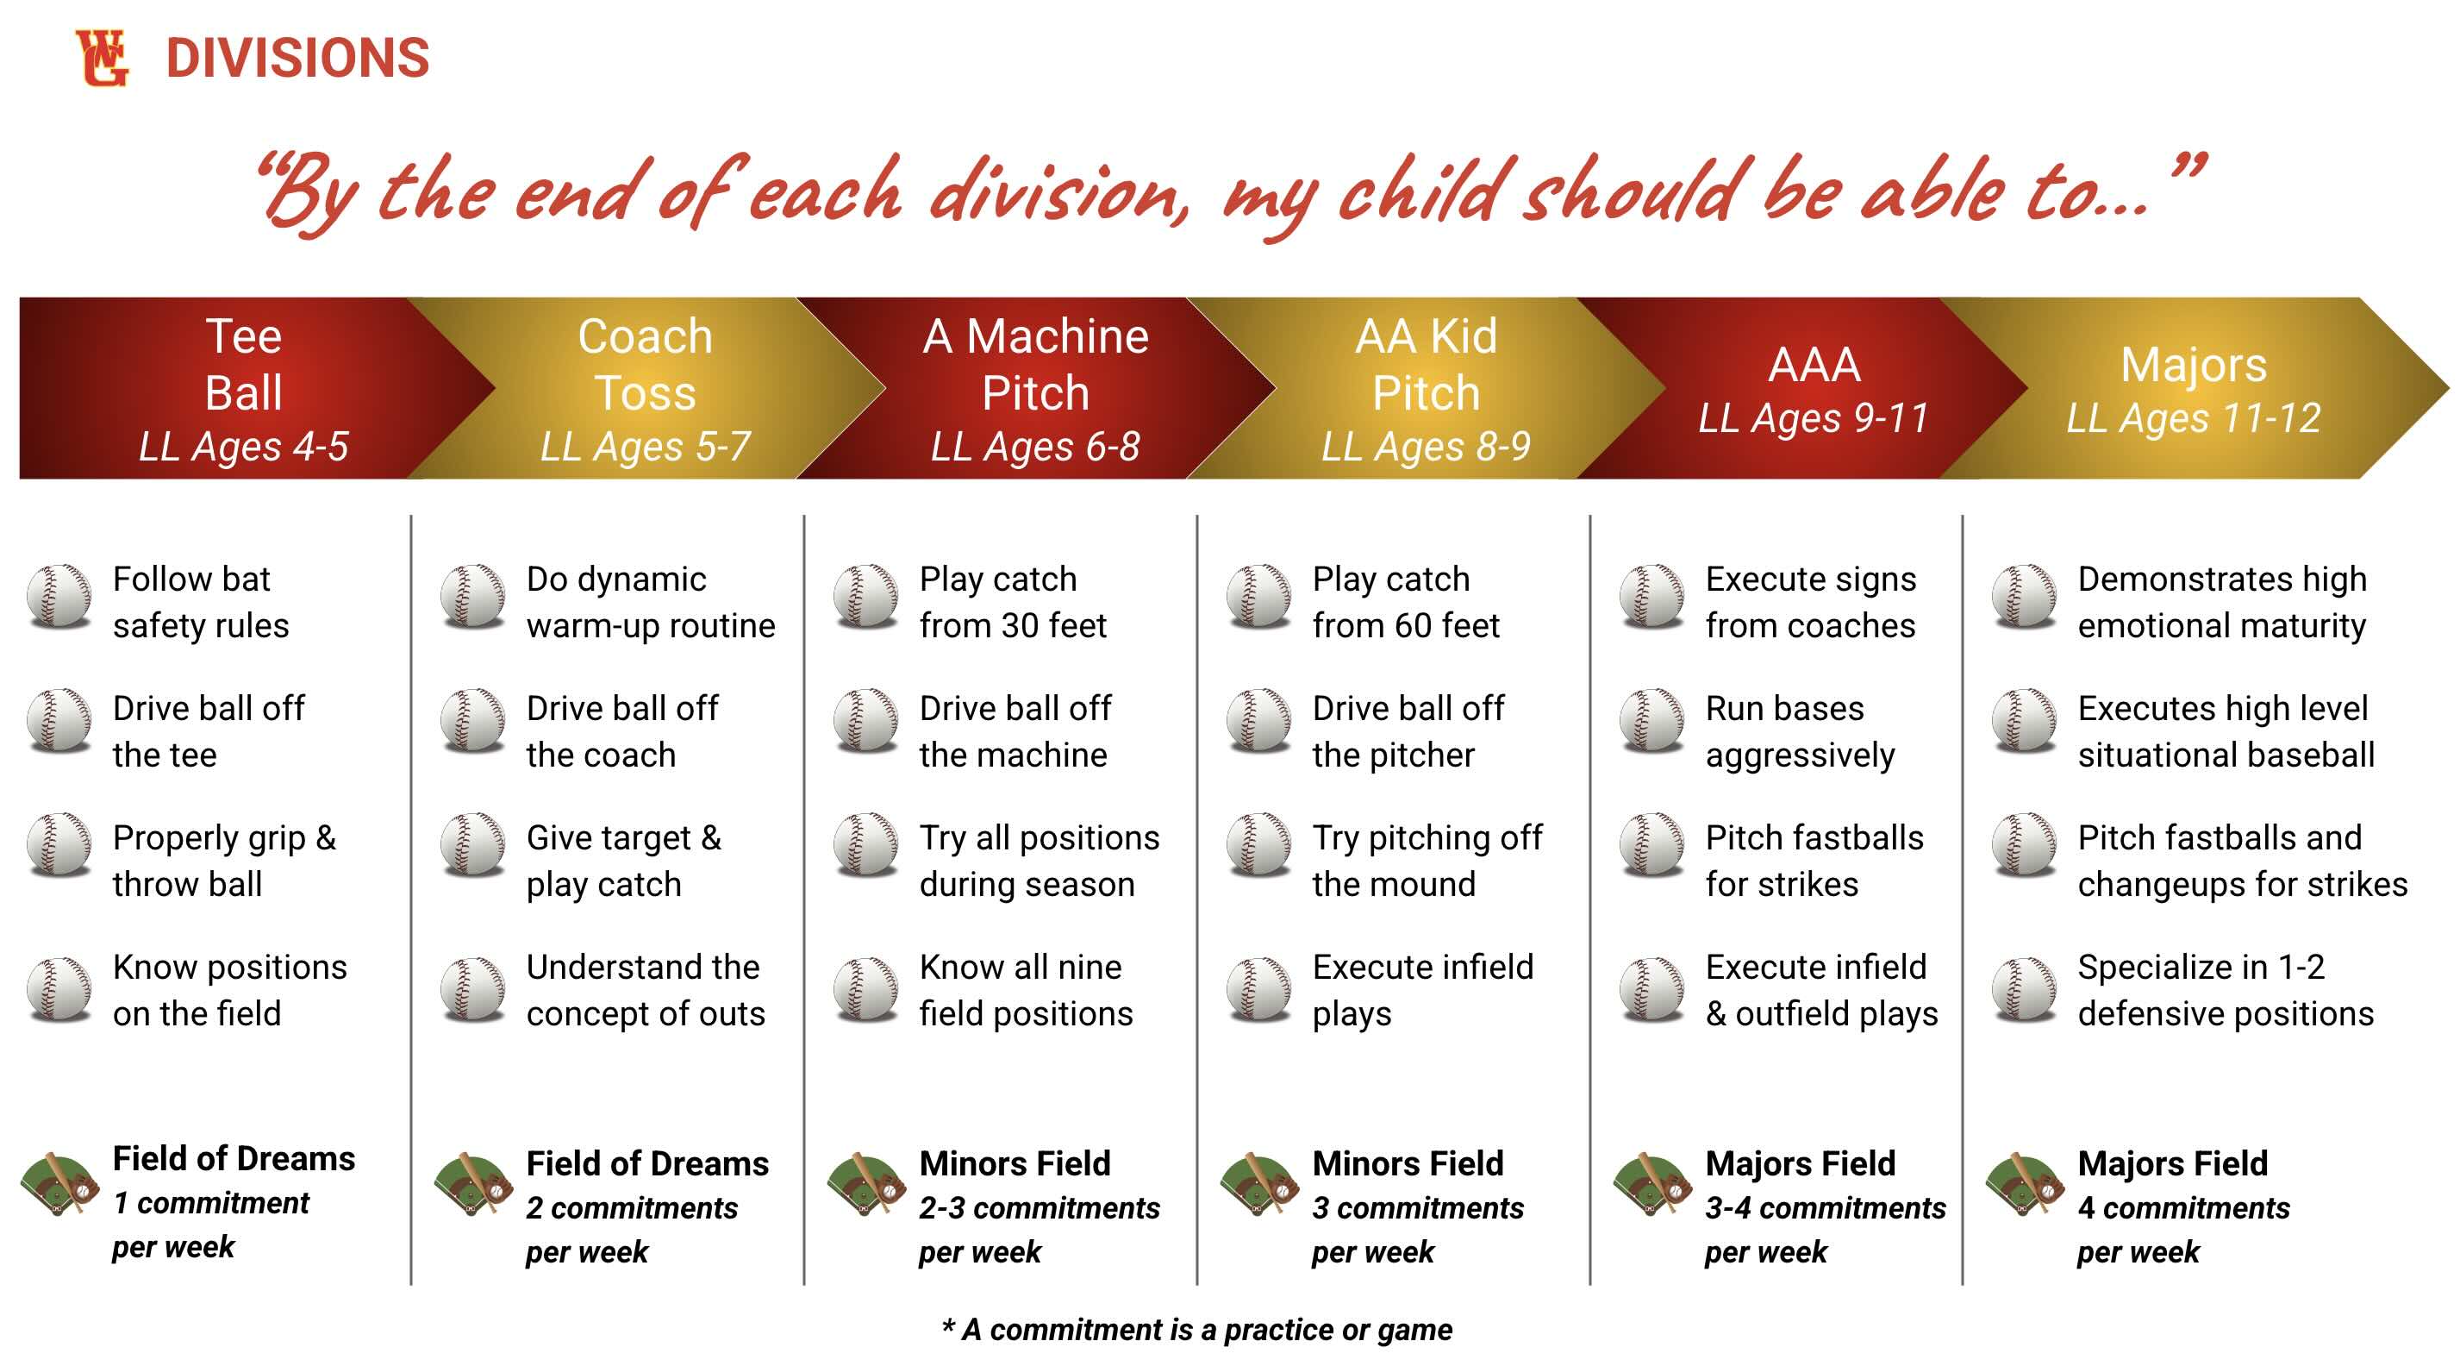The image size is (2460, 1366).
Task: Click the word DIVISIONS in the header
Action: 298,59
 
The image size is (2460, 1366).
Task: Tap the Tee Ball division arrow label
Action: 245,364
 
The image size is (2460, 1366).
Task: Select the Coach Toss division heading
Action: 646,364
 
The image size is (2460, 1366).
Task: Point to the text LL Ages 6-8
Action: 1035,446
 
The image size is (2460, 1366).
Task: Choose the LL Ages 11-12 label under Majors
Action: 2194,417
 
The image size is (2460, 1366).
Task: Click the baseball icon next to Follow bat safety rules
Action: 59,596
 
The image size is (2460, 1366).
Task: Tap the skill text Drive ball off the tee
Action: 209,731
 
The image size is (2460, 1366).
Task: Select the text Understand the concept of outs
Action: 646,991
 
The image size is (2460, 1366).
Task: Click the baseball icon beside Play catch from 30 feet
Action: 865,596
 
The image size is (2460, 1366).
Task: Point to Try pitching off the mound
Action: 1427,861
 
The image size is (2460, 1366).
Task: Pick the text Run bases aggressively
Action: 1800,731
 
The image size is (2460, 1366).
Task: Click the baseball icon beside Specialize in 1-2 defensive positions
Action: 2025,990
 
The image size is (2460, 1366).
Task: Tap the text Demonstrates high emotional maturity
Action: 2222,602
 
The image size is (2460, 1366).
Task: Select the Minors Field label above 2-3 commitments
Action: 1015,1163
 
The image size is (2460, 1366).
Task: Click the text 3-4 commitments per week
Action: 1825,1230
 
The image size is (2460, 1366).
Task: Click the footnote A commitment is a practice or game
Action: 1196,1330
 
